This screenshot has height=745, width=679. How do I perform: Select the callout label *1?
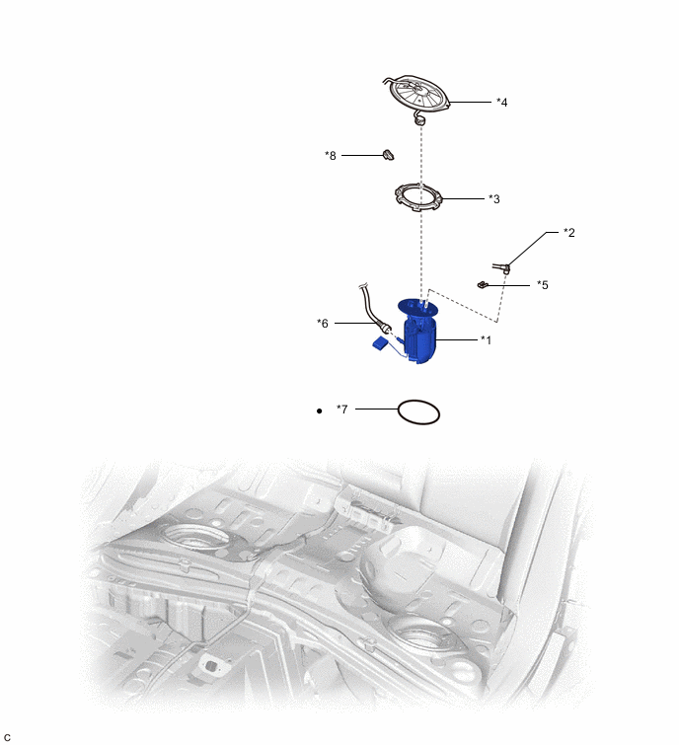pos(486,340)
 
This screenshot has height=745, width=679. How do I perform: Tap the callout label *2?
pos(568,233)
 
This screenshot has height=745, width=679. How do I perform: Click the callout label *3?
pos(494,198)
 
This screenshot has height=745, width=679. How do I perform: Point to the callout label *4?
pos(502,102)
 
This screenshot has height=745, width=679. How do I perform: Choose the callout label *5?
pos(543,285)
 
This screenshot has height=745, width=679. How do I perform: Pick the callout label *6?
pos(323,323)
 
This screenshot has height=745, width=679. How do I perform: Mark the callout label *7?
pos(341,409)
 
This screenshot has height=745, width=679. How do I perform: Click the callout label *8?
pos(331,155)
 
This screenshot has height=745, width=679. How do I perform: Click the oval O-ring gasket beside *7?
pos(418,411)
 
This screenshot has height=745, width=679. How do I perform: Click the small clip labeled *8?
pos(388,154)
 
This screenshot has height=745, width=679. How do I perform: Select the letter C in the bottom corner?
pos(7,736)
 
